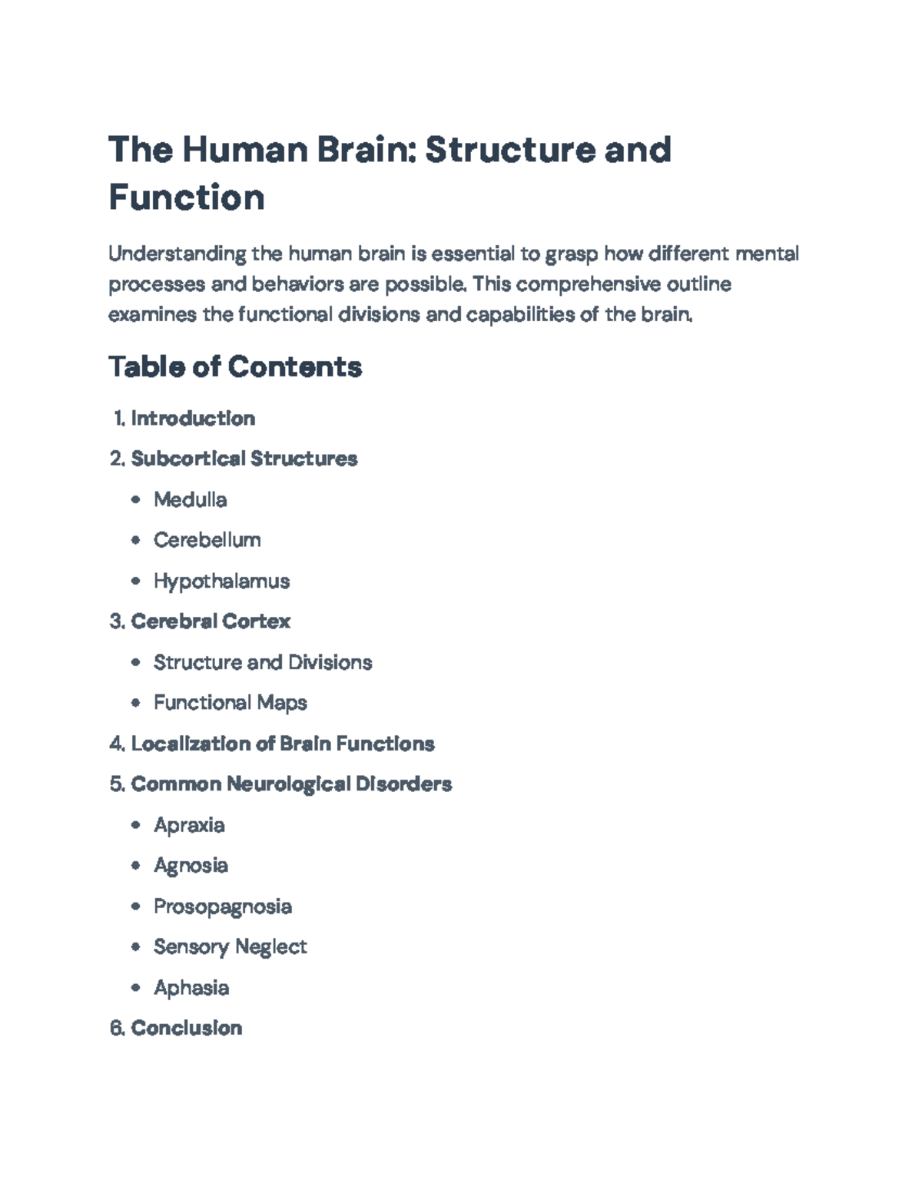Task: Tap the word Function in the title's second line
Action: (187, 197)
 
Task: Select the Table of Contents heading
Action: (235, 366)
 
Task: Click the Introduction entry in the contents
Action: (193, 419)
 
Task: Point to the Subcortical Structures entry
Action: (244, 459)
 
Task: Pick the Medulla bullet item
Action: (190, 500)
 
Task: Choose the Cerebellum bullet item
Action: (207, 540)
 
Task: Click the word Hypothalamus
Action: (221, 581)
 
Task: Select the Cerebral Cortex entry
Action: (211, 621)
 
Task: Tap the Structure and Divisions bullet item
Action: (263, 662)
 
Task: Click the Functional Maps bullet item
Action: (230, 703)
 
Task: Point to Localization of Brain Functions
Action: (283, 744)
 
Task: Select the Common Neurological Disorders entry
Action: (291, 784)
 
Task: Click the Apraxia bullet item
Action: (189, 825)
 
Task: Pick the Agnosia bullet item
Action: (191, 866)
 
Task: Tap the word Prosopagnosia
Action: (222, 906)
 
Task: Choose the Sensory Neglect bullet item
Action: (230, 946)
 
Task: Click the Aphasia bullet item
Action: (191, 987)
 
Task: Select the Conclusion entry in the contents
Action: (187, 1028)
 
